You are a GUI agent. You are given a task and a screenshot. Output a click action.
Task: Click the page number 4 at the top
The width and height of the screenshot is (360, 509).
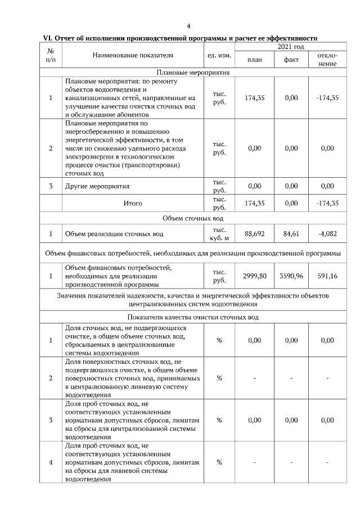coord(189,26)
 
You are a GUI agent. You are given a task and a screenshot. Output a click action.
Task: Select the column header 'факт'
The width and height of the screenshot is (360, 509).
coord(291,60)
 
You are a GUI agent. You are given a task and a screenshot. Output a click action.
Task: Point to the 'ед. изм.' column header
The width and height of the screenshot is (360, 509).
coord(219,55)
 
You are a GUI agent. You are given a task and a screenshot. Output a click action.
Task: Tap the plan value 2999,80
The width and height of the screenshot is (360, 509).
coord(255,276)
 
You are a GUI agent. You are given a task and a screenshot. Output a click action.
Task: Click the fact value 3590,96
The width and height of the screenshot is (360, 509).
coord(291,276)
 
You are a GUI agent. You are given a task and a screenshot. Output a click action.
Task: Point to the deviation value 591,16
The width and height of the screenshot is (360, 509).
coord(327,276)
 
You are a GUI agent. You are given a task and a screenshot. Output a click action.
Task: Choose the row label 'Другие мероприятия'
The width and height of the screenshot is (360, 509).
coord(97,186)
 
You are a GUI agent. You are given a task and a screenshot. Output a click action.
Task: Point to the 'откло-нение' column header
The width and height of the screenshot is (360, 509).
coord(327,60)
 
